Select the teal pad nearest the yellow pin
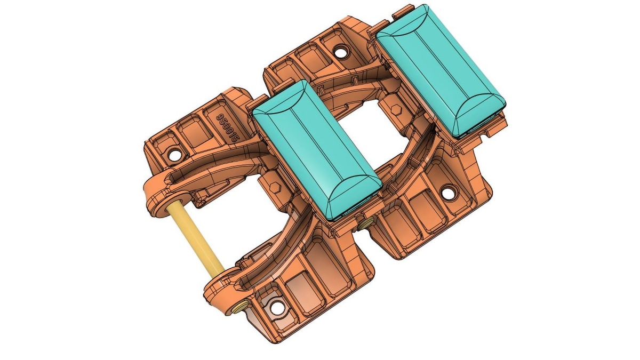point(317,150)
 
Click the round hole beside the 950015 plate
point(175,155)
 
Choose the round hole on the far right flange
point(449,193)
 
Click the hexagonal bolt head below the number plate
point(275,188)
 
